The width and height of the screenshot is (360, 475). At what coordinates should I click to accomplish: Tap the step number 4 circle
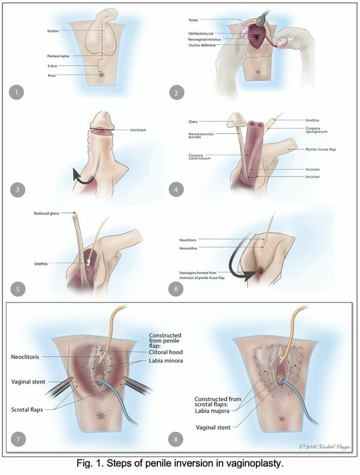click(x=193, y=191)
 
